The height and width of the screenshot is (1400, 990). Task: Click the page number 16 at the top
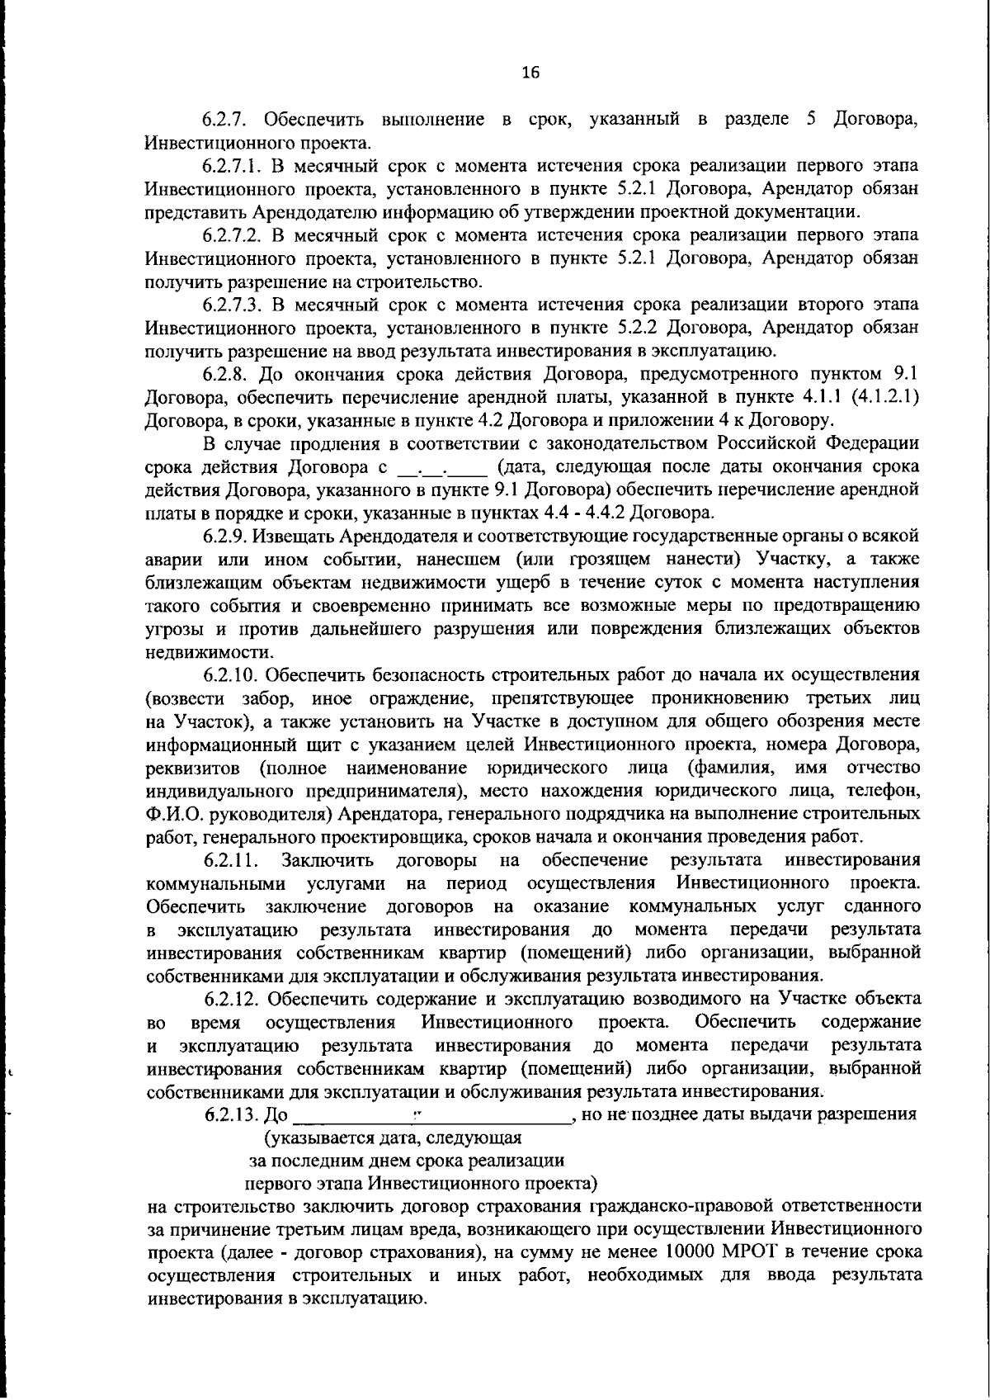pyautogui.click(x=530, y=73)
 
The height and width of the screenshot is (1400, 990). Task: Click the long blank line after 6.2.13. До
pyautogui.click(x=432, y=1118)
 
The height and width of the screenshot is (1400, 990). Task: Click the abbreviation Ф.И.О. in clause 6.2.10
pyautogui.click(x=174, y=815)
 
